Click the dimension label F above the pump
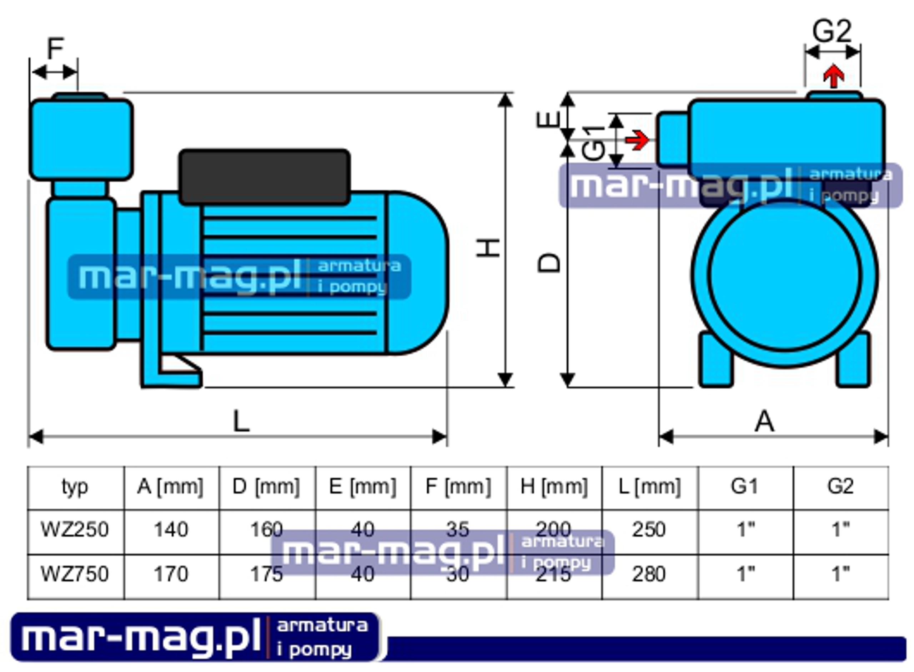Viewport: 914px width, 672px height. coord(55,49)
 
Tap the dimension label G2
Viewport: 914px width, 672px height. coord(832,31)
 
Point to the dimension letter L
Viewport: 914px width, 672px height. coord(241,421)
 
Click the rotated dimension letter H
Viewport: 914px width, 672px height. coord(488,248)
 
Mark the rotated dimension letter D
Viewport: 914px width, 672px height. coord(549,263)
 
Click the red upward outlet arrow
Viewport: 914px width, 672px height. coord(834,76)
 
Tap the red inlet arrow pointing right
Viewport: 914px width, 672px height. coord(638,140)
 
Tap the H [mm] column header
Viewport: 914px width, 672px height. coord(554,487)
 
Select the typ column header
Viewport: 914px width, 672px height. coord(75,487)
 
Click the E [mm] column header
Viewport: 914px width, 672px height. coord(362,487)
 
